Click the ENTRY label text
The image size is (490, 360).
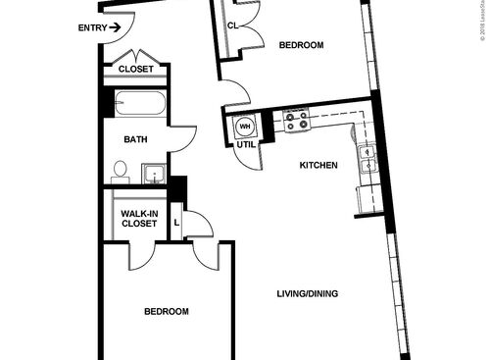(x=91, y=27)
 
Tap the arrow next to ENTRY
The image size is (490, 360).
(x=115, y=27)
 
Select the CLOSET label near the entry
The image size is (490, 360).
(x=135, y=70)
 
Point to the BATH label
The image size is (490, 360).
(x=135, y=140)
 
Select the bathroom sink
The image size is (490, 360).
(x=153, y=175)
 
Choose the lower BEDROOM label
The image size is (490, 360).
(x=166, y=311)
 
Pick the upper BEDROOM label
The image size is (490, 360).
(x=301, y=45)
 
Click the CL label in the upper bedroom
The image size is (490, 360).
(x=233, y=26)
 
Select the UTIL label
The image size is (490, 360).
(x=245, y=145)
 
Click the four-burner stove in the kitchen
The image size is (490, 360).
(x=296, y=121)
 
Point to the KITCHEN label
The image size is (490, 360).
(x=318, y=165)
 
